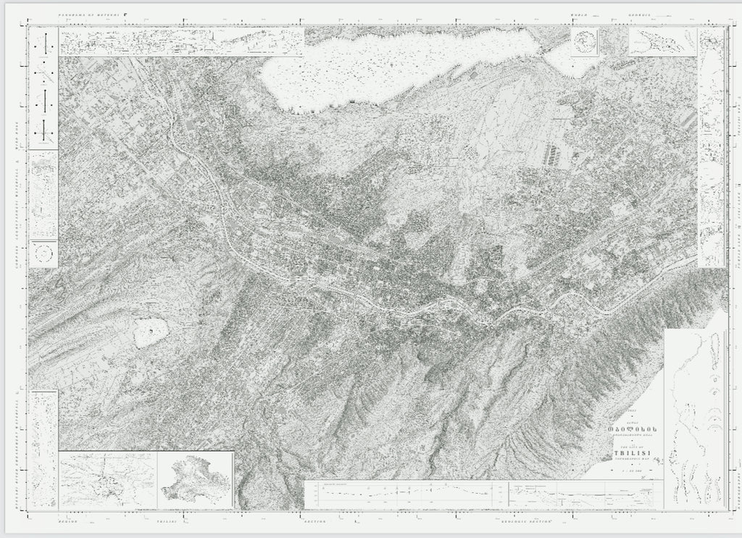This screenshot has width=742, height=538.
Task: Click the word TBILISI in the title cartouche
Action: coord(629,455)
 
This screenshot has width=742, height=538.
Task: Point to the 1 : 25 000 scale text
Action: coord(629,471)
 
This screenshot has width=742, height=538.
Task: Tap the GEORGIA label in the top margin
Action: coord(641,14)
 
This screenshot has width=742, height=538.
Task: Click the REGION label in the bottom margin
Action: coord(67,521)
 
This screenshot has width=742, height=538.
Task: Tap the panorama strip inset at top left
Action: coord(181,41)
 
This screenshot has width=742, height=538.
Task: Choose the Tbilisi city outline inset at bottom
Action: coord(195,480)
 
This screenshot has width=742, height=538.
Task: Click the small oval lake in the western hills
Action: coord(150,331)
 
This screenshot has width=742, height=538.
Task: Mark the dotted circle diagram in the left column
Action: coord(44,253)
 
